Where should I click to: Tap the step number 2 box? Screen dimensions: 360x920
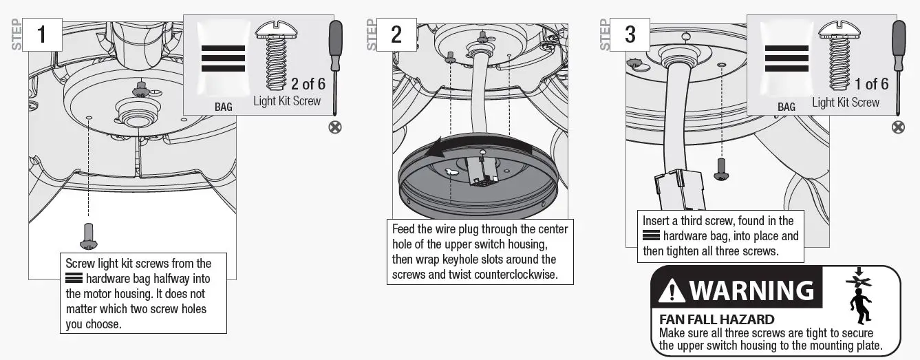pos(396,34)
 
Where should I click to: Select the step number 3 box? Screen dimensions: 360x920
pos(630,34)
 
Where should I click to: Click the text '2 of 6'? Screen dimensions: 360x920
pos(308,84)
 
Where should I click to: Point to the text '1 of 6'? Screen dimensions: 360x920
pos(871,84)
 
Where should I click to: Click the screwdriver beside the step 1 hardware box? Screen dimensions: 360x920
pos(336,65)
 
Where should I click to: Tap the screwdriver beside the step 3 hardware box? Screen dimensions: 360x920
pos(899,65)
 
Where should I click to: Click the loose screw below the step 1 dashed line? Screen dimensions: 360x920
pos(89,235)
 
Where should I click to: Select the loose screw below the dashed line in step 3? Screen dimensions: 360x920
pos(721,169)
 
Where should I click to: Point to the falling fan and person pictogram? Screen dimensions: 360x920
pos(859,296)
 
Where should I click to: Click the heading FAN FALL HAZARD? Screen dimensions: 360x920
pos(716,319)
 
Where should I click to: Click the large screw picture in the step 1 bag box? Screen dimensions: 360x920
pos(276,55)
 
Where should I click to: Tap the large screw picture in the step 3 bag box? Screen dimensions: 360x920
pos(839,55)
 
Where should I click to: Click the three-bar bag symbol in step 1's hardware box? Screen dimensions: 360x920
pos(223,59)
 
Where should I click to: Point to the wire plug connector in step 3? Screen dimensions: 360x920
pos(678,189)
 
